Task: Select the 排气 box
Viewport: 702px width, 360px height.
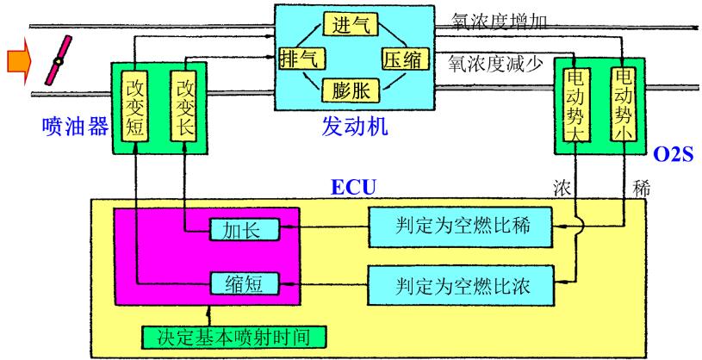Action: click(x=299, y=59)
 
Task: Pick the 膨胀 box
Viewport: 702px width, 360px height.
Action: click(x=350, y=89)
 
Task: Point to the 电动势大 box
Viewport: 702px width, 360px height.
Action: click(x=573, y=108)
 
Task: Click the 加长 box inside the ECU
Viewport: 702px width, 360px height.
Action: click(x=235, y=229)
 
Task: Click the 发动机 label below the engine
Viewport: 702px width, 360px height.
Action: click(x=350, y=130)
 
